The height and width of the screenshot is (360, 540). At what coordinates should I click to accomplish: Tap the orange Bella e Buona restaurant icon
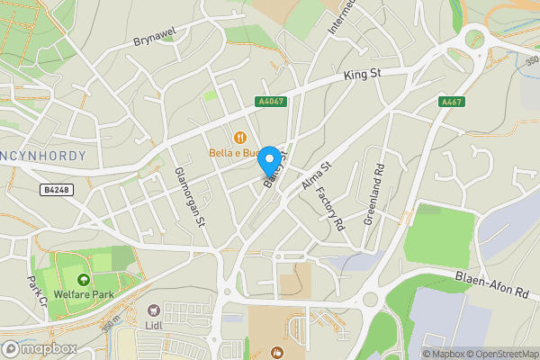coord(240,138)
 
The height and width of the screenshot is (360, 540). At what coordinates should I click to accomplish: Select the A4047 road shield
coord(269,102)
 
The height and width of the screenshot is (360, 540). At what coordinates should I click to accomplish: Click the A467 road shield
coord(451,102)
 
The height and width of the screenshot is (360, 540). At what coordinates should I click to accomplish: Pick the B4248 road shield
coord(56,190)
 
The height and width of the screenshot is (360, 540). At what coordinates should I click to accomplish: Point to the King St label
coord(364,77)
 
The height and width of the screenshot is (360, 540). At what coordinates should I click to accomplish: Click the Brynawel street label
coord(152,40)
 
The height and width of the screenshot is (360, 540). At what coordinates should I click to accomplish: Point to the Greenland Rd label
coord(374,194)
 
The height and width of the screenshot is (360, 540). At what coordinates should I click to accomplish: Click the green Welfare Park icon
coord(84,281)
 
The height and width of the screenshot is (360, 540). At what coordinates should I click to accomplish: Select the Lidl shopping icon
coord(154,309)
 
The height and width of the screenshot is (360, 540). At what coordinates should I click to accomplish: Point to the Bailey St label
coord(274,170)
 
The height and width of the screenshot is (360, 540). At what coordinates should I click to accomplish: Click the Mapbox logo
coord(39,348)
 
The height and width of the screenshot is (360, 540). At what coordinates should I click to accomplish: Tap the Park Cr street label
coord(37,291)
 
